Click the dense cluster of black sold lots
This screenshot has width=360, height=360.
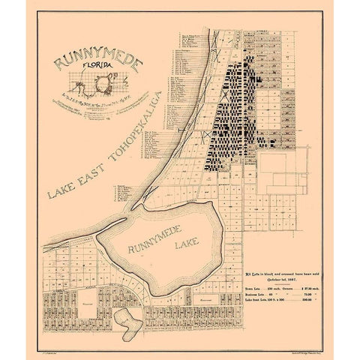pyautogui.click(x=236, y=112)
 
